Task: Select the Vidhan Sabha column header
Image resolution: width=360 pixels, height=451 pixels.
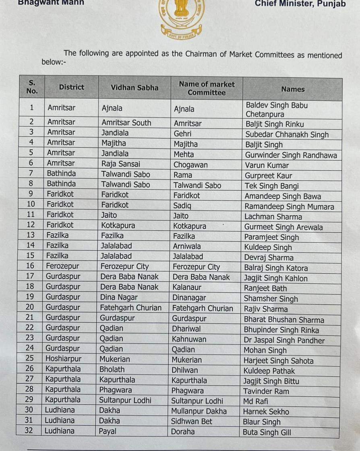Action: pos(134,87)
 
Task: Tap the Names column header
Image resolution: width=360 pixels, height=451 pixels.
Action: pos(293,89)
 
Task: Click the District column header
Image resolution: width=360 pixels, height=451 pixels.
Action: pos(72,87)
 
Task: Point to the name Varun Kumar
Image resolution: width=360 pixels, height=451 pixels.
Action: pos(267,165)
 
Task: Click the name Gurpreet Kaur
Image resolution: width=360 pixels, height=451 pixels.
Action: pos(268,176)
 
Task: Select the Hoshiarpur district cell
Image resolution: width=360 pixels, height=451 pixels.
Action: pos(63,359)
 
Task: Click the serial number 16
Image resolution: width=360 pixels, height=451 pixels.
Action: pos(30,266)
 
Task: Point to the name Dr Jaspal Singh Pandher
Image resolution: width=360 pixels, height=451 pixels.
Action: pos(284,340)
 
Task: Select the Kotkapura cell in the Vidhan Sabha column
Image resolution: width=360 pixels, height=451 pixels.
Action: pos(118,225)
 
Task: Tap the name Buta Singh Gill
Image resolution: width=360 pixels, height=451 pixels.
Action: pos(267,432)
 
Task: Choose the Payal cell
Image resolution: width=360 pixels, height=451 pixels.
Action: pos(108,431)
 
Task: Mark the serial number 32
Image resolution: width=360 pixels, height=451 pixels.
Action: pos(29,430)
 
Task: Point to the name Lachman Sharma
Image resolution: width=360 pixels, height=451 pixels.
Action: pos(273,217)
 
